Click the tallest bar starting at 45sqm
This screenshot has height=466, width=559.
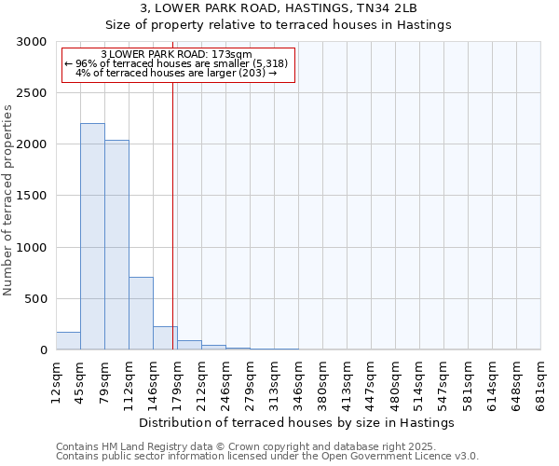point(92,237)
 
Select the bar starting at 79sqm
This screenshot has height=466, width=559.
point(116,245)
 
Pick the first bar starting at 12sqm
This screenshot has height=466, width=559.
point(68,341)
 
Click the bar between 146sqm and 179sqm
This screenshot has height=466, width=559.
point(165,338)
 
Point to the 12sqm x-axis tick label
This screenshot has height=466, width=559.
point(56,382)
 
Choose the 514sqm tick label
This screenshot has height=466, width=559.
point(419,382)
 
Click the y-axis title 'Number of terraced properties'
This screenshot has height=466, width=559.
point(8,200)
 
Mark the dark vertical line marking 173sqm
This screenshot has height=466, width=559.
point(173,214)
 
